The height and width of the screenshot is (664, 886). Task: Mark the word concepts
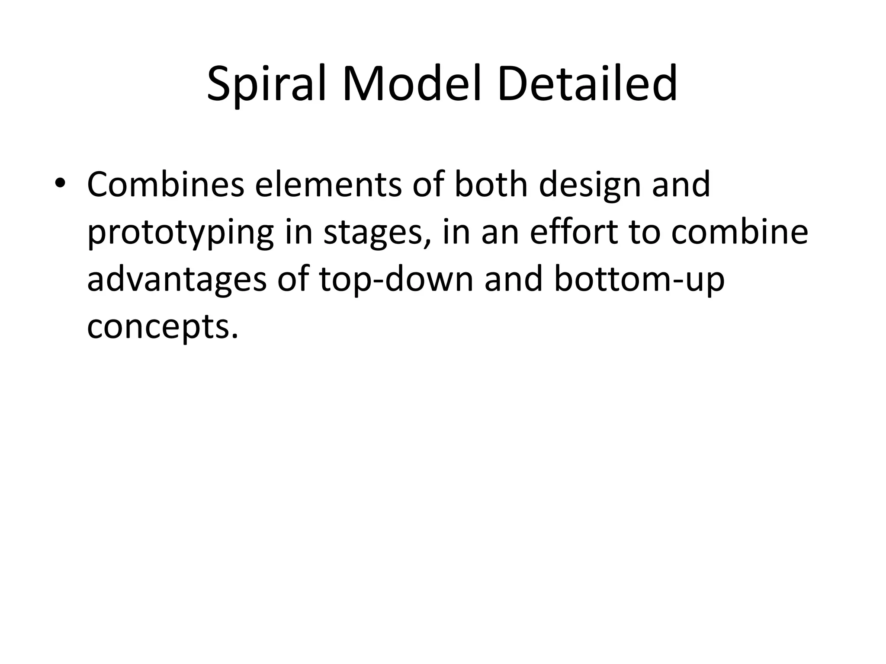pyautogui.click(x=163, y=328)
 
